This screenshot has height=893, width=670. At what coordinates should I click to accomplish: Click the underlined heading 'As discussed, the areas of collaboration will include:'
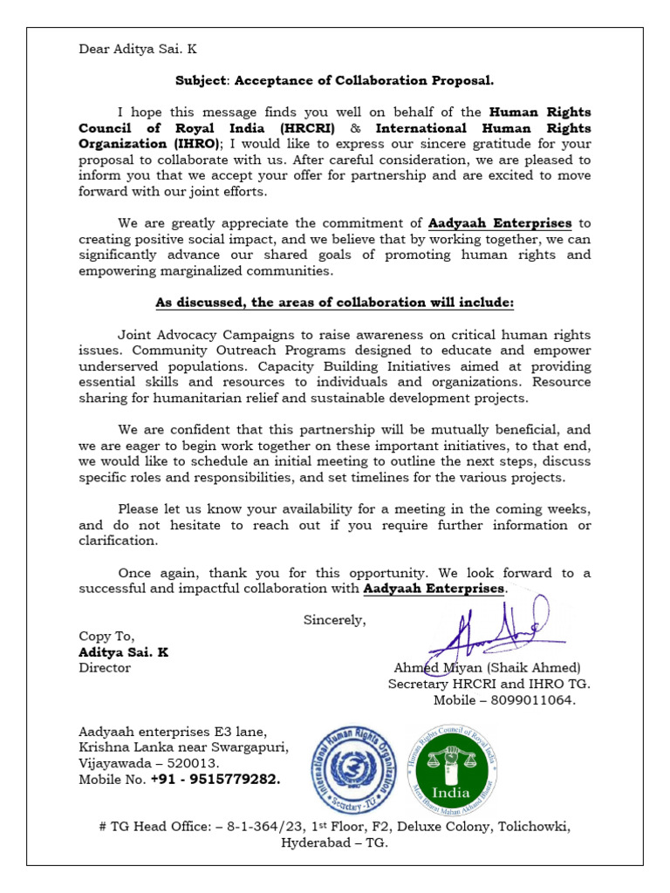click(335, 303)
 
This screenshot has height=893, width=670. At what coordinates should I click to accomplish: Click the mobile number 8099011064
click(537, 700)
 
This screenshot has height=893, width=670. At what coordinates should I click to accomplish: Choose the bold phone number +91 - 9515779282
click(215, 780)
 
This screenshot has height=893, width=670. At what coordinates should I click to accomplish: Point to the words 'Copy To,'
click(106, 637)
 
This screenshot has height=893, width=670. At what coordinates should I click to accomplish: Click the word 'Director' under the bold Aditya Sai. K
click(105, 668)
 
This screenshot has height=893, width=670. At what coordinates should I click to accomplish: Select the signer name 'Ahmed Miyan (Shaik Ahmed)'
click(488, 668)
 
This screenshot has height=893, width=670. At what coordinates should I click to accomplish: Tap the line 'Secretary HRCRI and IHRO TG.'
click(489, 685)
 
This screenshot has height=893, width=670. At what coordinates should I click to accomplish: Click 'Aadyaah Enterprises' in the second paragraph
click(500, 223)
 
